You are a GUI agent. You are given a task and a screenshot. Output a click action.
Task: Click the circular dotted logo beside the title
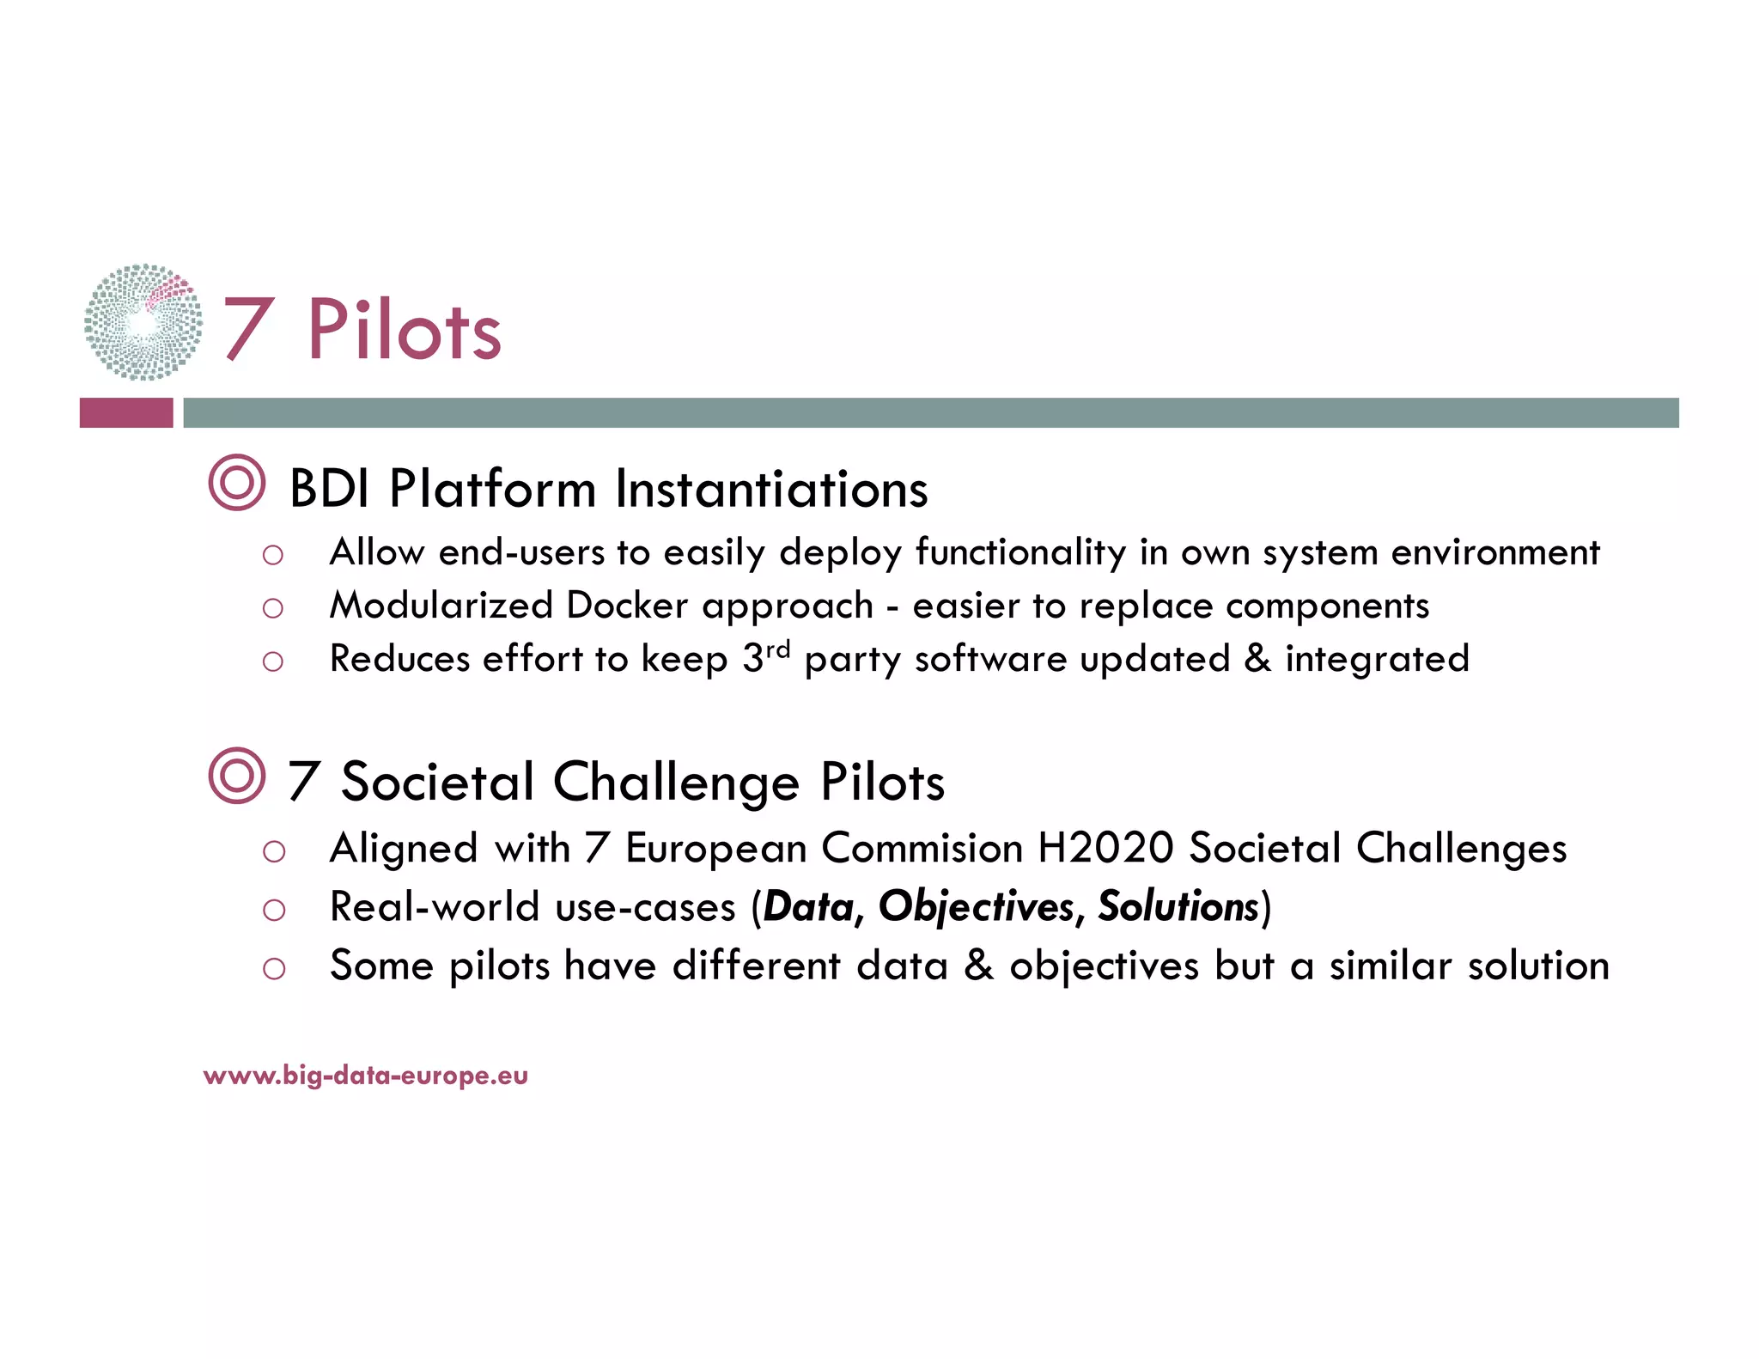coord(143,322)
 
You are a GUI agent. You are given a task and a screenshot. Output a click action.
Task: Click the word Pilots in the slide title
coord(404,331)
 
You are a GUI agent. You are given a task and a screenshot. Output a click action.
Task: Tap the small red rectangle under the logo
coord(126,412)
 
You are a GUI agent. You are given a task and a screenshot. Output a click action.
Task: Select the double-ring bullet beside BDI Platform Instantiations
coord(237,483)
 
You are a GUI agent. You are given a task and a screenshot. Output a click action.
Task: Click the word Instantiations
coord(771,489)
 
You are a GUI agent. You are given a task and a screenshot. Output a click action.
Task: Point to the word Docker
coord(627,606)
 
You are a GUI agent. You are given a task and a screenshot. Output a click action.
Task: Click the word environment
coord(1495,552)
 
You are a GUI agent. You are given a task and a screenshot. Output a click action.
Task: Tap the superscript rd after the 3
coord(778,649)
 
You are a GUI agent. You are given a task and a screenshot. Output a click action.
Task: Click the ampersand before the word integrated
coord(1257,658)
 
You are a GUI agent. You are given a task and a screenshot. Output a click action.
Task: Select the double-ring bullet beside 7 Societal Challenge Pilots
coord(237,776)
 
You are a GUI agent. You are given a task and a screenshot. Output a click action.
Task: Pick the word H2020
coord(1105,848)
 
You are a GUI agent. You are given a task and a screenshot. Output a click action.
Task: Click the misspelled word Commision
coord(922,848)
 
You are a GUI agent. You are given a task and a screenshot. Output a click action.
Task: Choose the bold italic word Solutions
coord(1178,907)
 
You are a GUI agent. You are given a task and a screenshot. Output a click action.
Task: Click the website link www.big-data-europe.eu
coord(366,1076)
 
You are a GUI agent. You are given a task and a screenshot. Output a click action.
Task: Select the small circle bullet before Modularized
coord(273,609)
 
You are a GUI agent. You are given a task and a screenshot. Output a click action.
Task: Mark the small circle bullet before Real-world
coord(274,910)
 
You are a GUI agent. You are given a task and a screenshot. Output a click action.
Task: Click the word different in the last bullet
coord(756,966)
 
